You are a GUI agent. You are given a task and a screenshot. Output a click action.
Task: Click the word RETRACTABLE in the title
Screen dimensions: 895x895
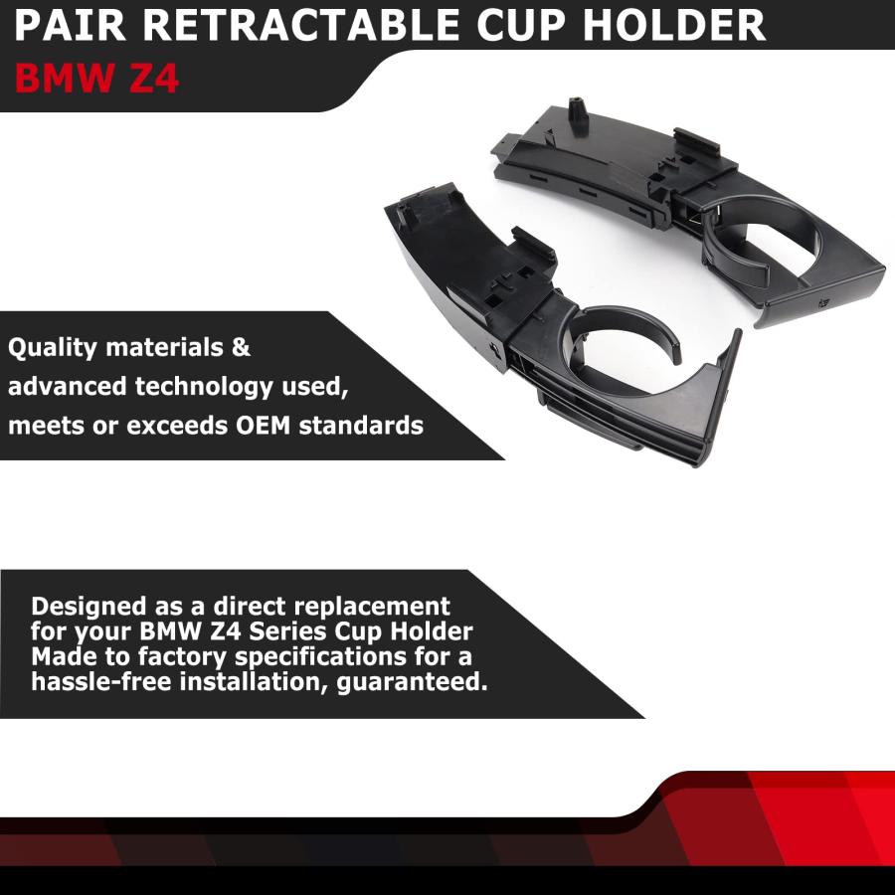300,25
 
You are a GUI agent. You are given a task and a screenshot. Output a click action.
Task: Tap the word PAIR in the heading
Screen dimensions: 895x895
71,25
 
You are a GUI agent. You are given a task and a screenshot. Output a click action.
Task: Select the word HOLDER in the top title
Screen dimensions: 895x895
673,25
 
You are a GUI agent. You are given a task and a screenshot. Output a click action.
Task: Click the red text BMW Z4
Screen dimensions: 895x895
96,78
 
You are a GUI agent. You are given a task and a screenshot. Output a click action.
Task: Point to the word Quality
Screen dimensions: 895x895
53,348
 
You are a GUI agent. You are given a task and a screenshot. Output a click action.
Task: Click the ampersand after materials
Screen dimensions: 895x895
241,347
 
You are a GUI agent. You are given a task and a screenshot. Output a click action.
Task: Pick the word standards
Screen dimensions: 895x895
361,426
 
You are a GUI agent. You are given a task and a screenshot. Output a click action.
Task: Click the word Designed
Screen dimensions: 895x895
89,607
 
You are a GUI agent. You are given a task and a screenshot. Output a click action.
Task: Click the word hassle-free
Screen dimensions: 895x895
101,681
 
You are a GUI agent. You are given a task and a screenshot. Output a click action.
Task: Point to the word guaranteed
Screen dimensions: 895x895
413,682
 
